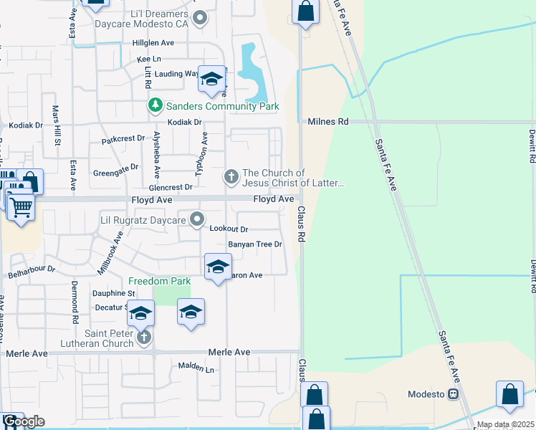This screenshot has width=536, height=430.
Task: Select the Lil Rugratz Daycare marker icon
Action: click(x=196, y=220)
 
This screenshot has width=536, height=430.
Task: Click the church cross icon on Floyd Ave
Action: click(x=231, y=176)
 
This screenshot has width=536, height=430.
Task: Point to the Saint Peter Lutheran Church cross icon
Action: click(x=143, y=337)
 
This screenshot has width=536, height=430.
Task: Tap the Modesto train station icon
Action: click(x=453, y=394)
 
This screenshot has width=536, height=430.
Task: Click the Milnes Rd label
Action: click(x=327, y=122)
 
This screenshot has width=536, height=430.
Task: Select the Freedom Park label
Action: click(x=159, y=281)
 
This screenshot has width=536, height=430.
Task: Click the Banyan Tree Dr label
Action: click(x=256, y=244)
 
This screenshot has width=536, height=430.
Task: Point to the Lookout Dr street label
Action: click(x=229, y=229)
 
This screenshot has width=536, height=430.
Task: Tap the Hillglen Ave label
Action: click(x=153, y=43)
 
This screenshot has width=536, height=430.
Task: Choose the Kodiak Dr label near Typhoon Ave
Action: click(x=184, y=123)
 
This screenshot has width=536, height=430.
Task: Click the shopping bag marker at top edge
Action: click(x=305, y=11)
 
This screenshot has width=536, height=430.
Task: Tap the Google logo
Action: click(x=23, y=421)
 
